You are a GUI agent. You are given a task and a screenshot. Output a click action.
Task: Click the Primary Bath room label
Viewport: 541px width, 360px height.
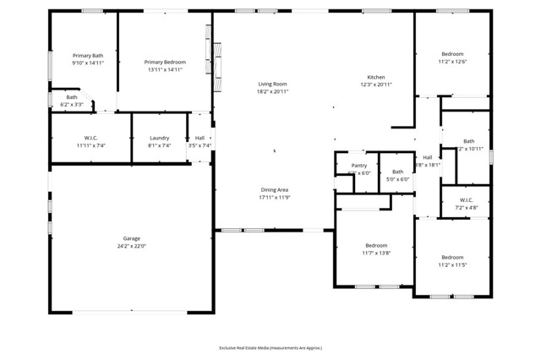point(87,55)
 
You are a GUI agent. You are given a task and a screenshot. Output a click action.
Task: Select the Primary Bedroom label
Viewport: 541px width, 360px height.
point(165,62)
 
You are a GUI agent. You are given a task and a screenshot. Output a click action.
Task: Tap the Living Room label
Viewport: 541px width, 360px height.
point(272,84)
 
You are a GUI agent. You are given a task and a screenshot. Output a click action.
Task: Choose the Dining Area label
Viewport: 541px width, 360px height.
point(274,190)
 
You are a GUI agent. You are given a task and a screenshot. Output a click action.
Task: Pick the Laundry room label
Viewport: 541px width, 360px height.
point(159,138)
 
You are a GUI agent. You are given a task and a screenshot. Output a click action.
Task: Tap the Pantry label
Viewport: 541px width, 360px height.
point(359,166)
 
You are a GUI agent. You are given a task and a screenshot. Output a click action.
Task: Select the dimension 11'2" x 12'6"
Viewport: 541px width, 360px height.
point(452,62)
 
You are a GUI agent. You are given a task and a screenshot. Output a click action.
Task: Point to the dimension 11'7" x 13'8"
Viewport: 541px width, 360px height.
point(376,253)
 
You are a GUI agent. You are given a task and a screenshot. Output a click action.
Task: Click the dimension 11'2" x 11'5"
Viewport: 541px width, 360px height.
point(452,265)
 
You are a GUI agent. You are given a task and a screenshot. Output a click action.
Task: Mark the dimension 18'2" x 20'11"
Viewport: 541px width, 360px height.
point(272,91)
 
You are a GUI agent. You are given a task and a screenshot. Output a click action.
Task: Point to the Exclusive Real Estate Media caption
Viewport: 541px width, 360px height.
point(270,347)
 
